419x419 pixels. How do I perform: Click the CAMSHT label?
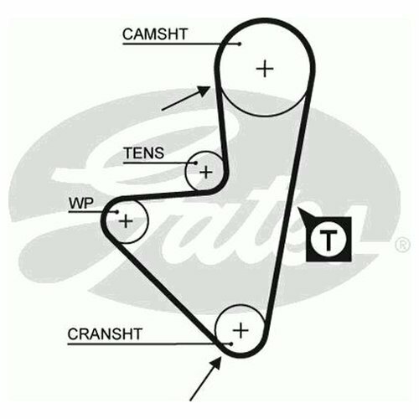tap(155, 34)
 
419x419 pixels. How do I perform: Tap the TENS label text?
tap(144, 153)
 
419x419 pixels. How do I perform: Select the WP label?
tap(81, 204)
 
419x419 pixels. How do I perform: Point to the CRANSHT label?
tap(105, 334)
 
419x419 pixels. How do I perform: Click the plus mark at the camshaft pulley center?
tap(265, 69)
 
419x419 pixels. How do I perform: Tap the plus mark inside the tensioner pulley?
tap(206, 172)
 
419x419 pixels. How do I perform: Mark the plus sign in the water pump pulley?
tap(126, 221)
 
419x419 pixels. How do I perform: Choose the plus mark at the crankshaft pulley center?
tap(241, 330)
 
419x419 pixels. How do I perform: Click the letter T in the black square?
tap(328, 240)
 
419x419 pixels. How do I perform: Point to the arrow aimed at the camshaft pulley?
tap(186, 98)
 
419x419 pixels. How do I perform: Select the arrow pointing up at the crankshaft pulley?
tap(206, 379)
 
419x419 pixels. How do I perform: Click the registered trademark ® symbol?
tap(402, 245)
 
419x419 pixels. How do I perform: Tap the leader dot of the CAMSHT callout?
tap(240, 44)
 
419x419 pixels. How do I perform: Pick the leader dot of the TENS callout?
tap(196, 163)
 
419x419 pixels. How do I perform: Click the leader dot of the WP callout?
tap(117, 212)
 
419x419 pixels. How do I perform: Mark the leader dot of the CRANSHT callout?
tap(230, 344)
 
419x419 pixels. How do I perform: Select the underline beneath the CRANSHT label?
tap(149, 344)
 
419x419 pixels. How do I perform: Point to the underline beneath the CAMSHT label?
tap(181, 44)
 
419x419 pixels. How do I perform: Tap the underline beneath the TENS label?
tap(159, 163)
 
